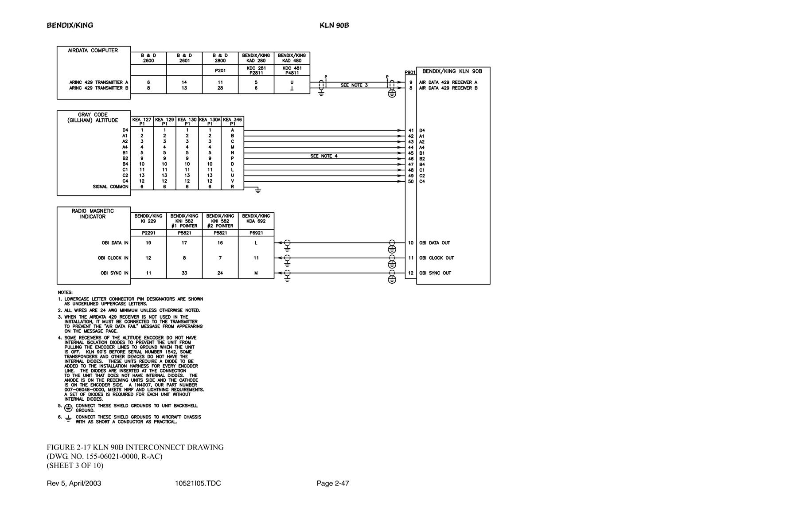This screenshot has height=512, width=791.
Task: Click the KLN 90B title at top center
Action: point(334,25)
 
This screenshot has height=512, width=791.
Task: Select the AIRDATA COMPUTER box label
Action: point(93,51)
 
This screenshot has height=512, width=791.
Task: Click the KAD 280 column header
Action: point(256,58)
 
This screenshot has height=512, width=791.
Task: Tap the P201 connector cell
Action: point(220,70)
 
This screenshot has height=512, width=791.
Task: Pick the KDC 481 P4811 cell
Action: point(292,70)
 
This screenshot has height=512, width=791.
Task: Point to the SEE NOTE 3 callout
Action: point(354,85)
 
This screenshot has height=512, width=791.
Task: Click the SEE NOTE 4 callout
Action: point(324,156)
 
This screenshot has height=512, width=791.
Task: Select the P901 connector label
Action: point(410,72)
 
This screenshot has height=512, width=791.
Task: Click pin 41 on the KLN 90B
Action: point(411,131)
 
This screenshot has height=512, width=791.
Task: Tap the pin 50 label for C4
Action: point(411,181)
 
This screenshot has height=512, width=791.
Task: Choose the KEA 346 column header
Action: point(233,121)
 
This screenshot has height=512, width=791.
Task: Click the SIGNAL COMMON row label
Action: point(110,187)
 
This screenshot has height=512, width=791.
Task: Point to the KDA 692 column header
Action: point(256,218)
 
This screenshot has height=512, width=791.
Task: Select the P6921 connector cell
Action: point(256,233)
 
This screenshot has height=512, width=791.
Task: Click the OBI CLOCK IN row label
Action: point(113,258)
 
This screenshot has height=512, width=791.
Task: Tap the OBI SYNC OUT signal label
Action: point(435,273)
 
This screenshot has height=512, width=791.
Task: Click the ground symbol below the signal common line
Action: point(257,191)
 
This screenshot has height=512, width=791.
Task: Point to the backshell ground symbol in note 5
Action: point(68,408)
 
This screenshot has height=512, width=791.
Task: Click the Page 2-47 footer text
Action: point(333,483)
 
